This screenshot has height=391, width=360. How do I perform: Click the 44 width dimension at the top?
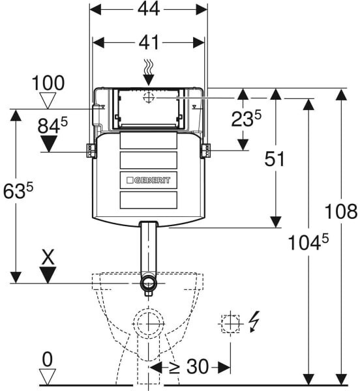[x=149, y=10]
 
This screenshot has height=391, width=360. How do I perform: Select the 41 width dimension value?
[x=149, y=42]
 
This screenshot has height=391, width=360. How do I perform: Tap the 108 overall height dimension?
[x=341, y=211]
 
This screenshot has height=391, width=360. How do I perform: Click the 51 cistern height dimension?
[x=275, y=159]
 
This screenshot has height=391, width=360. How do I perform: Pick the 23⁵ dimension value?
[x=247, y=119]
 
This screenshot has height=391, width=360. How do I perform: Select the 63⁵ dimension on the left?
[x=18, y=190]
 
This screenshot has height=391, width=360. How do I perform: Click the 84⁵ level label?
[x=53, y=125]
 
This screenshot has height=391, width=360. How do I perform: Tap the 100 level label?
[x=48, y=83]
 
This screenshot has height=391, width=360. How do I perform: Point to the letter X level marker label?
[x=48, y=257]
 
